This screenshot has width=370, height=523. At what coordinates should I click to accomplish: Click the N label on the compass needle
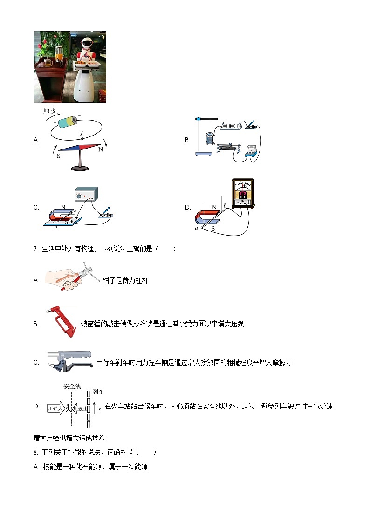coord(100,150)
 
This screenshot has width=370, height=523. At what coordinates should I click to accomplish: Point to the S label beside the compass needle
coord(59,156)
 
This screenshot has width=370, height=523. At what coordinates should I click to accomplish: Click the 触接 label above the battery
coord(49,111)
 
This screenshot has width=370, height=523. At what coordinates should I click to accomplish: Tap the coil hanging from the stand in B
coord(210,139)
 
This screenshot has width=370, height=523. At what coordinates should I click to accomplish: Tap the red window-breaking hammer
coord(61,321)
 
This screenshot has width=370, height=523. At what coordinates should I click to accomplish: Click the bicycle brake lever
coord(70,362)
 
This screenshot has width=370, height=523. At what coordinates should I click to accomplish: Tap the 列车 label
coord(98,392)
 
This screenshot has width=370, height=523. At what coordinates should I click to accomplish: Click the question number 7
coord(35,249)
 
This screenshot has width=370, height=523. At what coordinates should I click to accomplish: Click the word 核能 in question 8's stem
coord(70,452)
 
